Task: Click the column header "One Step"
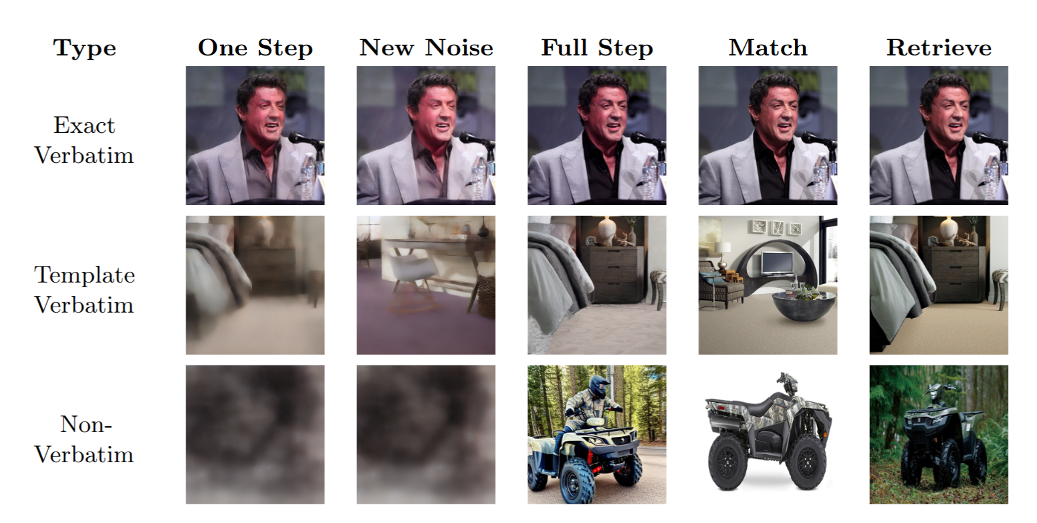(x=255, y=48)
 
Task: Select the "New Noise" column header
(x=426, y=48)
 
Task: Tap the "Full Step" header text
(x=596, y=48)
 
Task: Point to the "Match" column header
(x=768, y=48)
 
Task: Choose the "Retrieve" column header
(x=939, y=48)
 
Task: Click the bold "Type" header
(x=84, y=48)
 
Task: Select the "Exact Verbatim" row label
(x=84, y=140)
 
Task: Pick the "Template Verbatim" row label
(x=84, y=290)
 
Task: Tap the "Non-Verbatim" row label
(x=84, y=439)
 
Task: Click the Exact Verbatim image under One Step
(x=255, y=135)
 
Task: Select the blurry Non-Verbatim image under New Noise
(x=426, y=434)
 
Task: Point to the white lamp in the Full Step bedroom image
(x=606, y=230)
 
